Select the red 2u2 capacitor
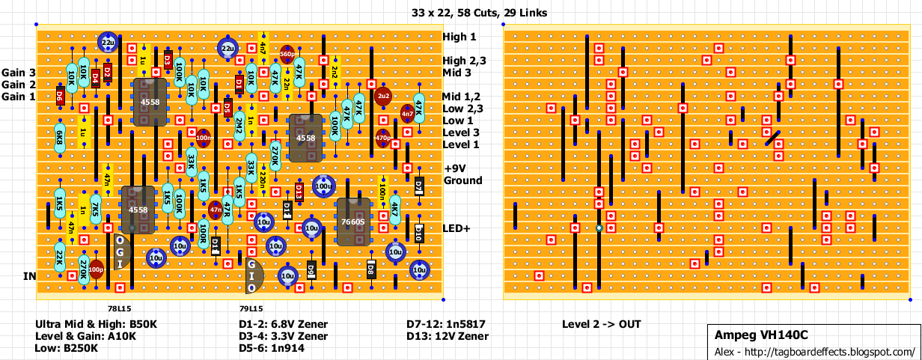click(x=383, y=96)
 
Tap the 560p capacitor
click(x=287, y=54)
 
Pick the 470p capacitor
click(x=383, y=138)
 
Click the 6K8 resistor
click(x=59, y=138)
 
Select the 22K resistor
click(x=59, y=258)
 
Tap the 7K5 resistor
click(x=95, y=210)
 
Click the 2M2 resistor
click(x=239, y=125)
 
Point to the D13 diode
click(x=299, y=192)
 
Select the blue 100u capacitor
click(x=323, y=185)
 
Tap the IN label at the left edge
click(x=30, y=276)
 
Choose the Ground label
click(x=463, y=180)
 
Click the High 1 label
click(x=459, y=37)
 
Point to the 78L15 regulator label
click(x=119, y=308)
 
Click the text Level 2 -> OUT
click(x=601, y=324)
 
